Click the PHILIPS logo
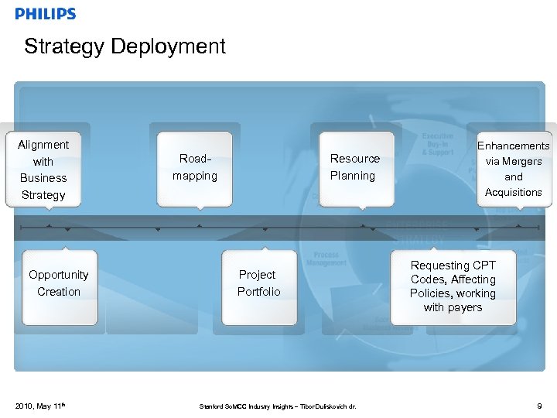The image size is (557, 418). tap(46, 13)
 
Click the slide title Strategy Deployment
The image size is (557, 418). tap(125, 46)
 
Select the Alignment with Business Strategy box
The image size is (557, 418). tap(44, 170)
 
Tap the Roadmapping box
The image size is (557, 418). tap(194, 168)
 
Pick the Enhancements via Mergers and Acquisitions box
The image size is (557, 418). tap(513, 169)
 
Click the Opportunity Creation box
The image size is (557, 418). tap(59, 285)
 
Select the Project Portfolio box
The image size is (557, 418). tap(258, 285)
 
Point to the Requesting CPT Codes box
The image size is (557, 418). tap(453, 286)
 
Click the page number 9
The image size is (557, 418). tap(538, 405)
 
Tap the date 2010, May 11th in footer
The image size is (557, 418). tap(38, 405)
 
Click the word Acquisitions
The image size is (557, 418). tap(513, 193)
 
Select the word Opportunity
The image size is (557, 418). tap(59, 275)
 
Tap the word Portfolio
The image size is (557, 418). tap(258, 292)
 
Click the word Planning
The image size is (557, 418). tap(353, 176)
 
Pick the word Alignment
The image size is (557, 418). tap(44, 145)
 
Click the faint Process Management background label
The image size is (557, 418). tap(326, 259)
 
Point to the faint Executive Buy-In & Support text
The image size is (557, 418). tap(438, 143)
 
